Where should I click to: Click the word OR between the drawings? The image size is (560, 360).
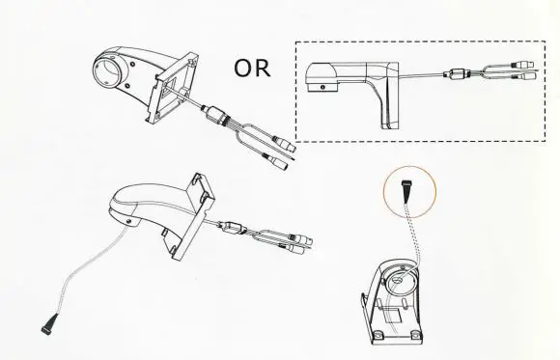coord(252,69)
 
